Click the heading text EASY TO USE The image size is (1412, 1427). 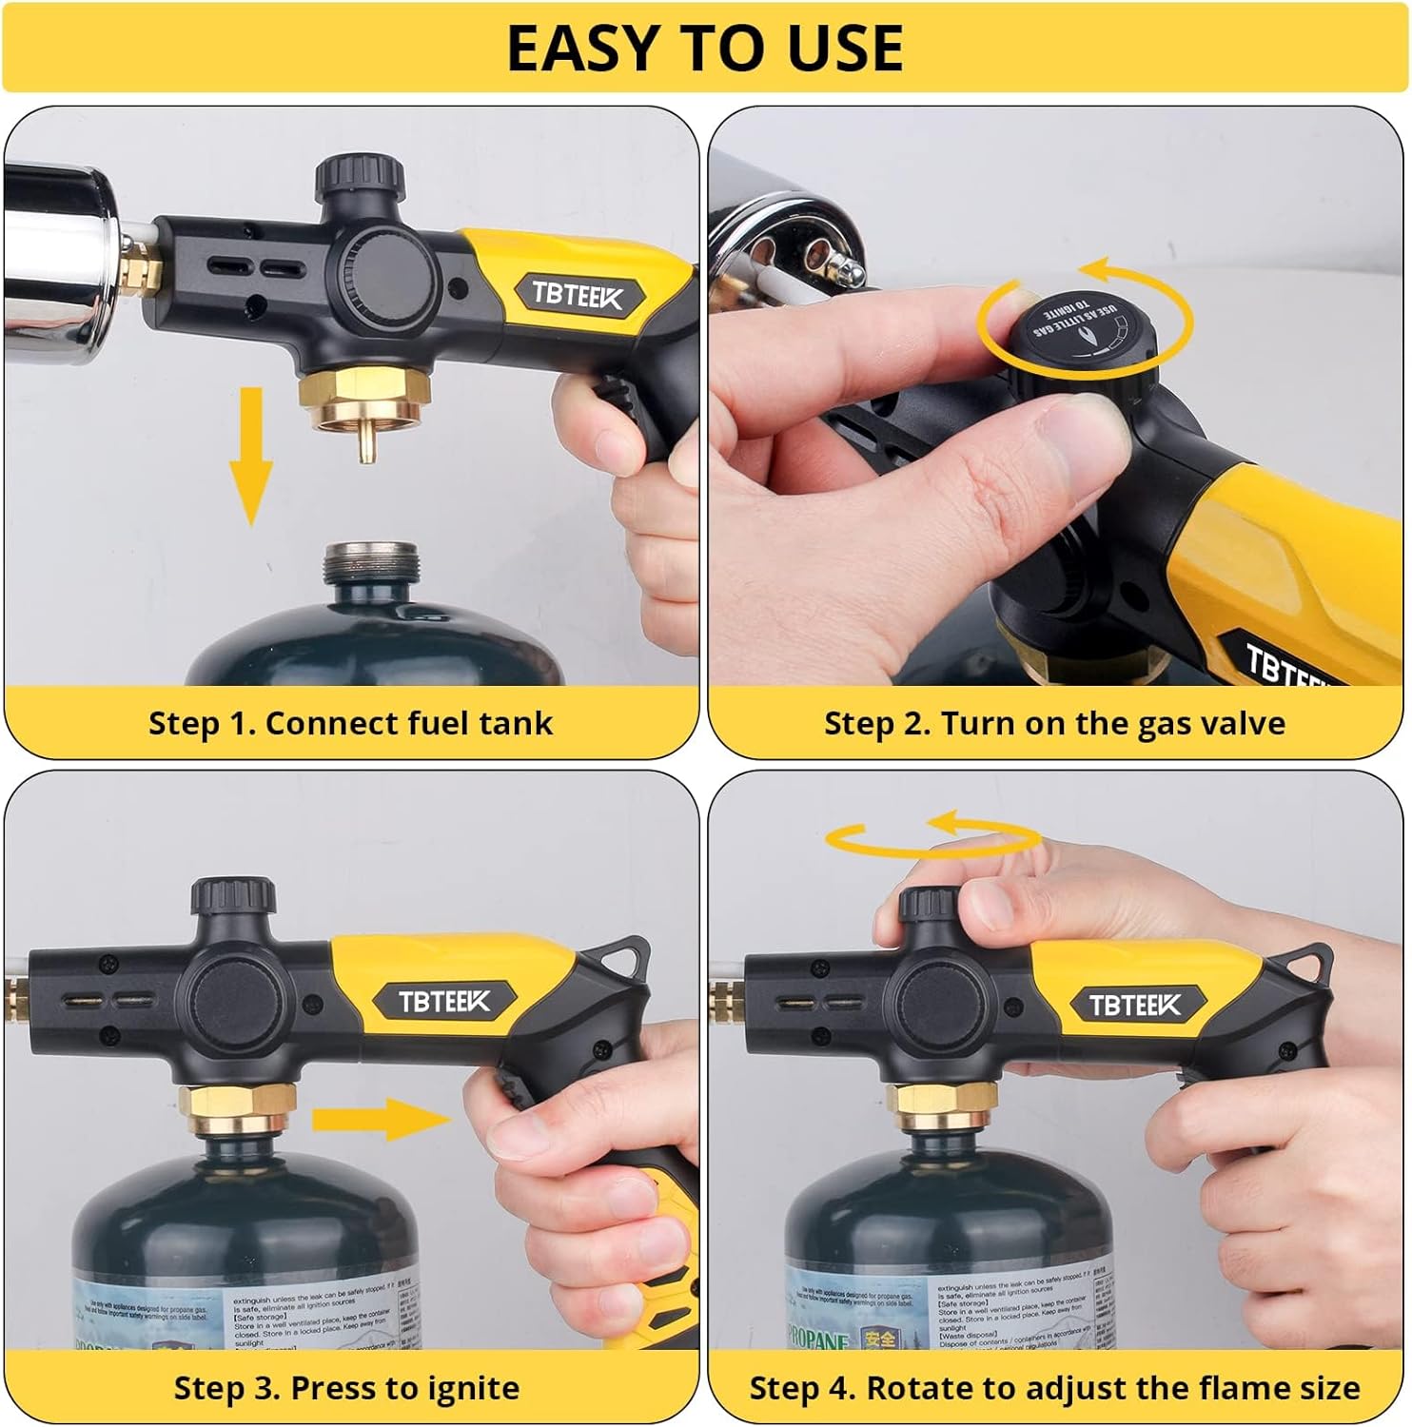pos(704,48)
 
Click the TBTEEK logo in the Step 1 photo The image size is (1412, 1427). pos(578,295)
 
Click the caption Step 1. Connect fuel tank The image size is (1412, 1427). pos(350,723)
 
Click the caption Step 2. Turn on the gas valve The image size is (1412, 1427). pos(1054,723)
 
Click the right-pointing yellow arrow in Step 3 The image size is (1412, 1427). pos(381,1119)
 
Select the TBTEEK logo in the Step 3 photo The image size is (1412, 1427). pos(443,1001)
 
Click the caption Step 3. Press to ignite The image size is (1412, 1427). pos(346,1388)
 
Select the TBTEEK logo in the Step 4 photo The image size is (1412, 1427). pos(1134,1005)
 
